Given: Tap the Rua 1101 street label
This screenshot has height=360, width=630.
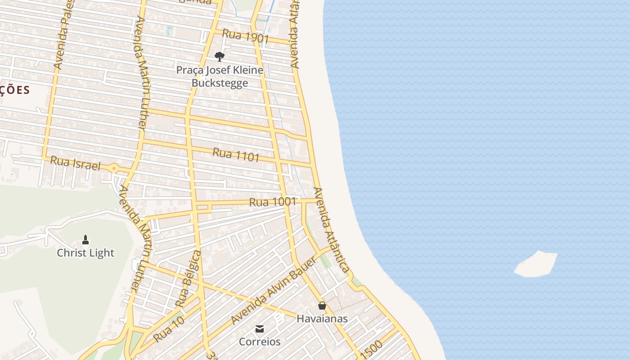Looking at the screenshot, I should pos(236,154).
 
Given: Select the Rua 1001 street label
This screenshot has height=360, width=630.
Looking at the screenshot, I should pos(273,202).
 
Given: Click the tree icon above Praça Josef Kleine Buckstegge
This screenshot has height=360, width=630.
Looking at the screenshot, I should pos(220,57).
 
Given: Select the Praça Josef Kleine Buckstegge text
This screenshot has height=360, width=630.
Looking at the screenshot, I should pos(220,76).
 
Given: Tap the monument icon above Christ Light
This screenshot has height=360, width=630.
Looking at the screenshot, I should pos(85,240).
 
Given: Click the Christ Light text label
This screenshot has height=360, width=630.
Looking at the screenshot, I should pos(85,253).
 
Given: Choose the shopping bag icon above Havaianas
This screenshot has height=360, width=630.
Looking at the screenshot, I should pos(322,306).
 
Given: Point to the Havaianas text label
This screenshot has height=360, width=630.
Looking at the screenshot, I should pos(322,319).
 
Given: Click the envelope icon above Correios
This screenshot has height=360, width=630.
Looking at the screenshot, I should pos(260,329).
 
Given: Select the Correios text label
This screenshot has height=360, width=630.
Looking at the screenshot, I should pos(260,342).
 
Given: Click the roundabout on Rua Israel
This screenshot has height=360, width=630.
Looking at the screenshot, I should pos(114,169).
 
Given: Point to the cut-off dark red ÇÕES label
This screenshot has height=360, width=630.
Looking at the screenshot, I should pos(15,90).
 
